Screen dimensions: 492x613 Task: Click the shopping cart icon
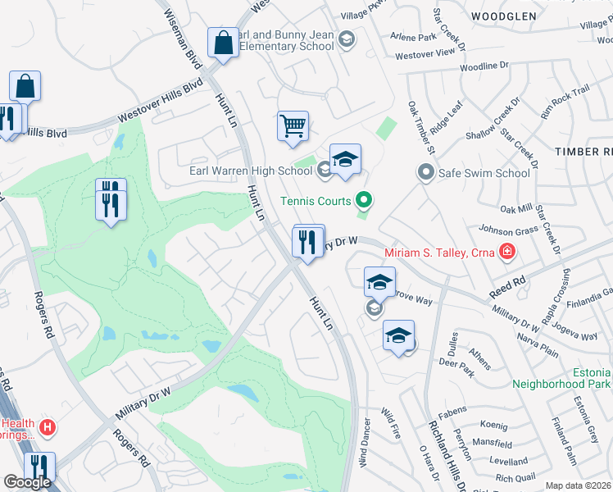pyautogui.click(x=293, y=126)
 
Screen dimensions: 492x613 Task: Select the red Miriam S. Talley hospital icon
pyautogui.click(x=508, y=251)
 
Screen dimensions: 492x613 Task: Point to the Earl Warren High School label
pyautogui.click(x=251, y=171)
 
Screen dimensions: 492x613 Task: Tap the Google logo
pyautogui.click(x=27, y=482)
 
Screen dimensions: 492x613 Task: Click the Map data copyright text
pyautogui.click(x=578, y=485)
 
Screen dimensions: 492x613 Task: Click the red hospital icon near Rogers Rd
pyautogui.click(x=48, y=427)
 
